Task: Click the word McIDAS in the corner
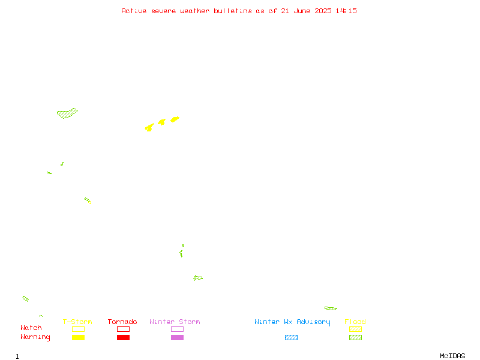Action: [452, 356]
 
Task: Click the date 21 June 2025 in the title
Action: [306, 11]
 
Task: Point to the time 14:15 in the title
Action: [346, 11]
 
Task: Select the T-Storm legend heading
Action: [77, 322]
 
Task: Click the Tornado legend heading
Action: [122, 322]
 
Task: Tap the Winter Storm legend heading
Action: [175, 322]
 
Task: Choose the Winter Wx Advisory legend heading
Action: [292, 322]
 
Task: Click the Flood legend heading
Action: [355, 322]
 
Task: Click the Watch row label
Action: [31, 328]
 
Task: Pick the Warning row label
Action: [35, 337]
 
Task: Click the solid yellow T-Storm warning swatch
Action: [79, 337]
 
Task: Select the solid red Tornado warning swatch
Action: [124, 337]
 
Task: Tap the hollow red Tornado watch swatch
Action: [124, 326]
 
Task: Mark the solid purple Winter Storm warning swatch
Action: [177, 337]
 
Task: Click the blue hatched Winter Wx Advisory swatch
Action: [291, 337]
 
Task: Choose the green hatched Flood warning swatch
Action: [355, 337]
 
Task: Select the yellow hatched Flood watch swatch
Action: [355, 329]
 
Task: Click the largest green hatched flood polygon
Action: [67, 113]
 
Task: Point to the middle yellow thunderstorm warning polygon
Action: [161, 122]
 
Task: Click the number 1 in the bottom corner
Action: [17, 356]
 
